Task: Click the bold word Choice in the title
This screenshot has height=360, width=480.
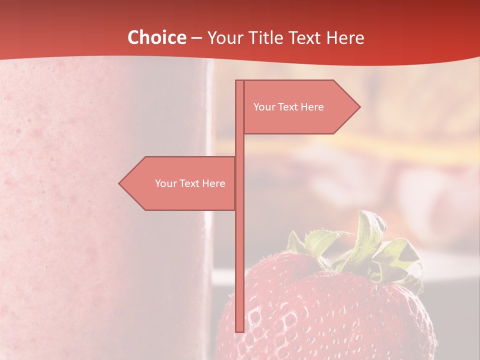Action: click(156, 37)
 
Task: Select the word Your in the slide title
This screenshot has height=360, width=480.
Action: click(226, 37)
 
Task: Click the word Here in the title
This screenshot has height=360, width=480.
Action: click(345, 37)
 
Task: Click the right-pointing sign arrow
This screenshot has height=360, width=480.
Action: click(300, 107)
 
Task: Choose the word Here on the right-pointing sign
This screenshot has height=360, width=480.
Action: click(311, 107)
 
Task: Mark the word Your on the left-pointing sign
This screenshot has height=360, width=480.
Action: click(165, 183)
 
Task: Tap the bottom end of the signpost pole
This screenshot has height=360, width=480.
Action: click(239, 330)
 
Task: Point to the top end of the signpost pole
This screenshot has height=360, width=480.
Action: click(239, 82)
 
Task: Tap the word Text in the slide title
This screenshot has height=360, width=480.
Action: click(305, 37)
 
